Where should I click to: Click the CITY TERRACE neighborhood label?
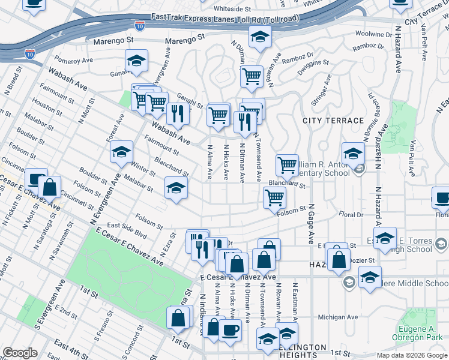[333, 121]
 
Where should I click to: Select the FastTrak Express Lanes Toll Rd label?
[225, 19]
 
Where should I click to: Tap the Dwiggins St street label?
[309, 62]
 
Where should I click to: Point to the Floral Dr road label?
[351, 214]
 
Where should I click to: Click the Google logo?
[20, 353]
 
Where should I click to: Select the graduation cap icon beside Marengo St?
[260, 37]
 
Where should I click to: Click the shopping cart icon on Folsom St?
[274, 197]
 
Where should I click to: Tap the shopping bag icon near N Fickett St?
[50, 187]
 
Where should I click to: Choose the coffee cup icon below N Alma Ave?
[230, 329]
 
